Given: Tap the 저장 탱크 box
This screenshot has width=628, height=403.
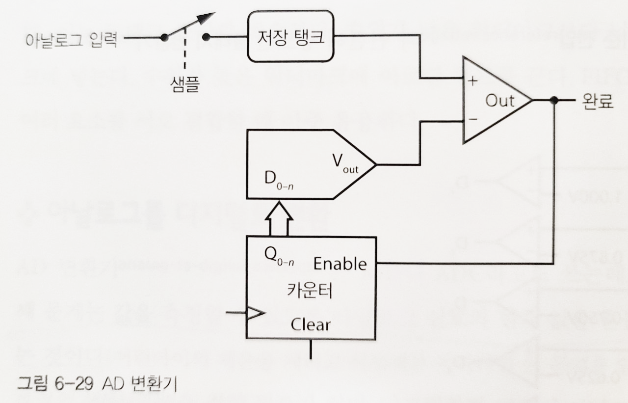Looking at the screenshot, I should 291,37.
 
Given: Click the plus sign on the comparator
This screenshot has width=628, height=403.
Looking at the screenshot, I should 472,81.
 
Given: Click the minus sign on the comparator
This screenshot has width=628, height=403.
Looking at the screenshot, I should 472,119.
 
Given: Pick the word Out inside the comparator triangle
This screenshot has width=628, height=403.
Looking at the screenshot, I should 500,101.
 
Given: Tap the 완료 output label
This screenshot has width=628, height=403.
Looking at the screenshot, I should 598,102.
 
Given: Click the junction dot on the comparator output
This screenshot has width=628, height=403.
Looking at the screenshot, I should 554,101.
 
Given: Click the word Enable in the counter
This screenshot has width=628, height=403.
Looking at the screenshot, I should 340,264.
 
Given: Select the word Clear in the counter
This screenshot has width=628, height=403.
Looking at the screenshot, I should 311,324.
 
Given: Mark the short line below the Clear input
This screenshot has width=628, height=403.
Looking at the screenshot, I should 311,349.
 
